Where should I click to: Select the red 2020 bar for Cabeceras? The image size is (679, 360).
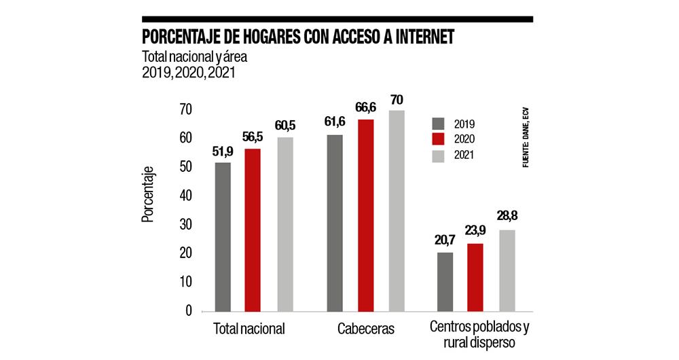pos(365,215)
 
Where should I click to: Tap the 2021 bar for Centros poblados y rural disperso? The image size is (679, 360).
pos(507,270)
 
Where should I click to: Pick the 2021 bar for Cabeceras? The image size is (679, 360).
pos(396,210)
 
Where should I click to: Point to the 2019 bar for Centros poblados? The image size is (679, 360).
pos(445,282)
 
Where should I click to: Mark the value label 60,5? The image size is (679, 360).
pos(284,126)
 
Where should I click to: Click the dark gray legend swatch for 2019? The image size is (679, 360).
pos(438,123)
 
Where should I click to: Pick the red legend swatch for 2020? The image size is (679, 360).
pos(438,139)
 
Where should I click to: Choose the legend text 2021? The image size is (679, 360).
pos(464,155)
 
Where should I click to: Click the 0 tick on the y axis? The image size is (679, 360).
pos(189,310)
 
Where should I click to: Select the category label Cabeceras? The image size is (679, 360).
pos(365,329)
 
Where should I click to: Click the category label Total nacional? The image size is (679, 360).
pos(249,329)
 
